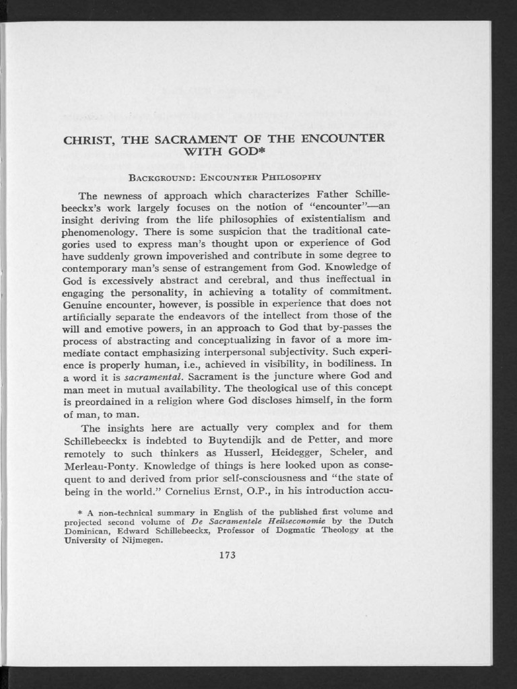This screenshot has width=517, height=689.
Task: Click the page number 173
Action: pyautogui.click(x=228, y=555)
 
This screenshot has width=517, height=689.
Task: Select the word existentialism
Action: pyautogui.click(x=322, y=219)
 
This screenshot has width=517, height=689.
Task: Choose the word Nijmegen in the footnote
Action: pyautogui.click(x=140, y=539)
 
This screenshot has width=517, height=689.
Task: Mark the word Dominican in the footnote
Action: pyautogui.click(x=86, y=530)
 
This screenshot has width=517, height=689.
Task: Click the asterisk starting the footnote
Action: pyautogui.click(x=81, y=511)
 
